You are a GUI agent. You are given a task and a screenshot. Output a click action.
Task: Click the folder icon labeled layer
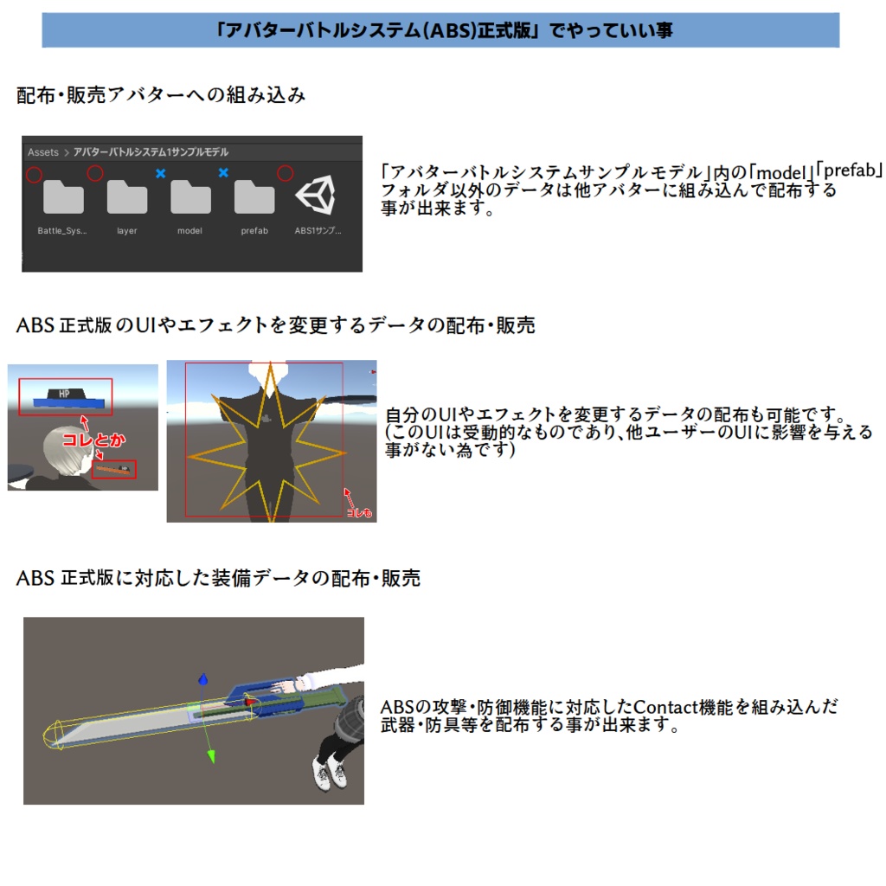[x=127, y=197]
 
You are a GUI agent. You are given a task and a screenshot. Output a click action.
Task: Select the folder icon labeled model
[x=190, y=197]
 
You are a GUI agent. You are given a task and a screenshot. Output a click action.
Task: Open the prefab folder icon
[x=254, y=197]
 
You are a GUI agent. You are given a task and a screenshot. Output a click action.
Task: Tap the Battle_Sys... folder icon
[x=63, y=197]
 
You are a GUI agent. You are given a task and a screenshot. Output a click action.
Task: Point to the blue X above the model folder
[x=160, y=174]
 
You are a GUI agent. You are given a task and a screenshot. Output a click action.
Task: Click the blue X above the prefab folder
[x=223, y=174]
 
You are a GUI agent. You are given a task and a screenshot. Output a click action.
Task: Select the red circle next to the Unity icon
[x=285, y=174]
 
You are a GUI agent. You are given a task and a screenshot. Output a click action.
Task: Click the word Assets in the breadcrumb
[x=43, y=152]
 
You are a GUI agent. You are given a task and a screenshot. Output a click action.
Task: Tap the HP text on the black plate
[x=63, y=393]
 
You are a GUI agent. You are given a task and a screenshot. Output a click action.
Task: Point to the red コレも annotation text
[x=358, y=513]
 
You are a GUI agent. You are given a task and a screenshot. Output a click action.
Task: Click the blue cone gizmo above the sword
[x=202, y=680]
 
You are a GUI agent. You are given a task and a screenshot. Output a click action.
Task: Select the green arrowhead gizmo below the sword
[x=209, y=757]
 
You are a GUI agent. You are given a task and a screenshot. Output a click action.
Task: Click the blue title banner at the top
[x=440, y=30]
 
